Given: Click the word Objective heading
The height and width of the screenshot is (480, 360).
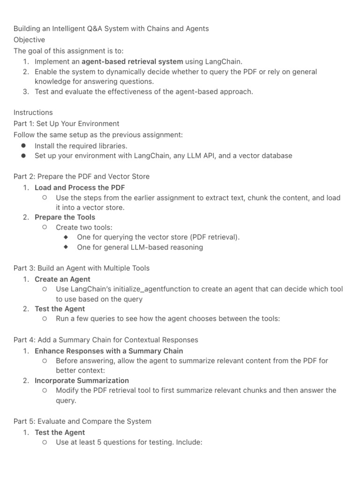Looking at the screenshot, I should [x=29, y=40].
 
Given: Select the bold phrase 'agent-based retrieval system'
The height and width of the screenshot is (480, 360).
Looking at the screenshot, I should [x=133, y=61].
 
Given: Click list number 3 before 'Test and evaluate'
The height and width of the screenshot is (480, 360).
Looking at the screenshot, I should [x=26, y=91].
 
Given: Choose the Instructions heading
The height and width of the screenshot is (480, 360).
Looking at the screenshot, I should [x=33, y=112].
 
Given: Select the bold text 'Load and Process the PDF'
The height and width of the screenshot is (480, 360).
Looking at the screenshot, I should [x=80, y=187].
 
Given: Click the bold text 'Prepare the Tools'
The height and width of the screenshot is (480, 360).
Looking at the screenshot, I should [x=65, y=217].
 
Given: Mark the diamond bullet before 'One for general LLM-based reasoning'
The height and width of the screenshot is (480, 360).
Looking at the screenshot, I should [x=66, y=247].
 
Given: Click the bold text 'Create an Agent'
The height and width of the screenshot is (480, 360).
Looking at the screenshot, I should [x=62, y=279].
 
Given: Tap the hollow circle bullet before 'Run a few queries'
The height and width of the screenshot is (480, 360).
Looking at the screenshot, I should [x=44, y=319].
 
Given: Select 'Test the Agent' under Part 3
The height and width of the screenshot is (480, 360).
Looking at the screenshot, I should [x=60, y=309].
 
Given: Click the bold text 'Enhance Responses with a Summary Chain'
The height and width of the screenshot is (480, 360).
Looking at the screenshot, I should [x=109, y=351].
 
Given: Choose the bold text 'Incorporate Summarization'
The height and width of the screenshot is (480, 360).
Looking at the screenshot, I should [x=82, y=380].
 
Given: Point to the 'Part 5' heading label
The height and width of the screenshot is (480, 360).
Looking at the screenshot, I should [x=23, y=421].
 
